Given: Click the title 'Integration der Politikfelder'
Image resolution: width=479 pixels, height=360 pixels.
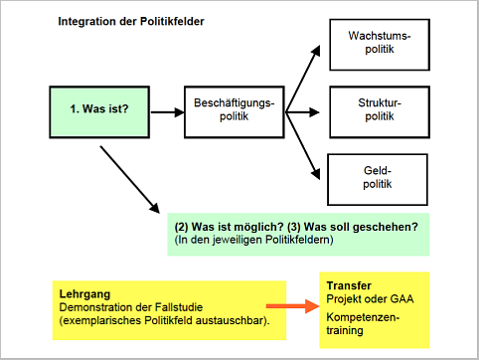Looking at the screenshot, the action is click(131, 22).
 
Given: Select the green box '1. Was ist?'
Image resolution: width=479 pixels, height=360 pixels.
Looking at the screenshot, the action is click(99, 112).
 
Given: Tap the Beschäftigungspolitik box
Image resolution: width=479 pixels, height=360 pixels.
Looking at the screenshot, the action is click(235, 112).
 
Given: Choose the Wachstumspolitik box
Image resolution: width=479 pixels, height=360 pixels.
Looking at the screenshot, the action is click(380, 45).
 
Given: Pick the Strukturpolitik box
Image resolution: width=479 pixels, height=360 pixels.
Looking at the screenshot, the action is click(380, 112).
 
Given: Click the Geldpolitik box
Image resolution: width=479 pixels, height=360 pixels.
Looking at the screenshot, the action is click(378, 179).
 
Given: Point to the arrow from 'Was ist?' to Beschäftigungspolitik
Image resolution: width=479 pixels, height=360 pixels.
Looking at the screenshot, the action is click(167, 112).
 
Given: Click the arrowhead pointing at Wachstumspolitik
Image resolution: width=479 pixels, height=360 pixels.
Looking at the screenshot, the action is click(316, 51).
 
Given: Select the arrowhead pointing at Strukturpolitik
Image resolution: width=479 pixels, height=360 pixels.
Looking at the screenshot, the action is click(315, 112).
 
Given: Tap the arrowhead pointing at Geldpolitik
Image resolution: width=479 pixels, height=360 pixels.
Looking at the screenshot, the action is click(316, 174).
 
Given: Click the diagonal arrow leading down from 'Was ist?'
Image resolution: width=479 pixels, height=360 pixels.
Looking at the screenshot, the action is click(130, 179).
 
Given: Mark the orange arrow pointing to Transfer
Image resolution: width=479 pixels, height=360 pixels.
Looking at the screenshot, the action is click(293, 306).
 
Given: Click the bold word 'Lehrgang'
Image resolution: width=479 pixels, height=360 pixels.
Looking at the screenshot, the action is click(84, 294).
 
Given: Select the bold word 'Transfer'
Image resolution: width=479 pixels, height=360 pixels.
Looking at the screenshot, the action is click(349, 285).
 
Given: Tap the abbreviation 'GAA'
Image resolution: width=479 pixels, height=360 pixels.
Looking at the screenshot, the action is click(401, 298).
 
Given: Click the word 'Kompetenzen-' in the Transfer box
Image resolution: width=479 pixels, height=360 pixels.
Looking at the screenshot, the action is click(363, 317).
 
